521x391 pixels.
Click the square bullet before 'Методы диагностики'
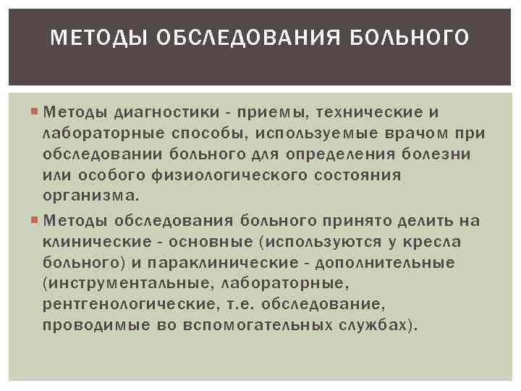[x=36, y=113]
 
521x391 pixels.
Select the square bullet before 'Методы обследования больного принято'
[x=36, y=221]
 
